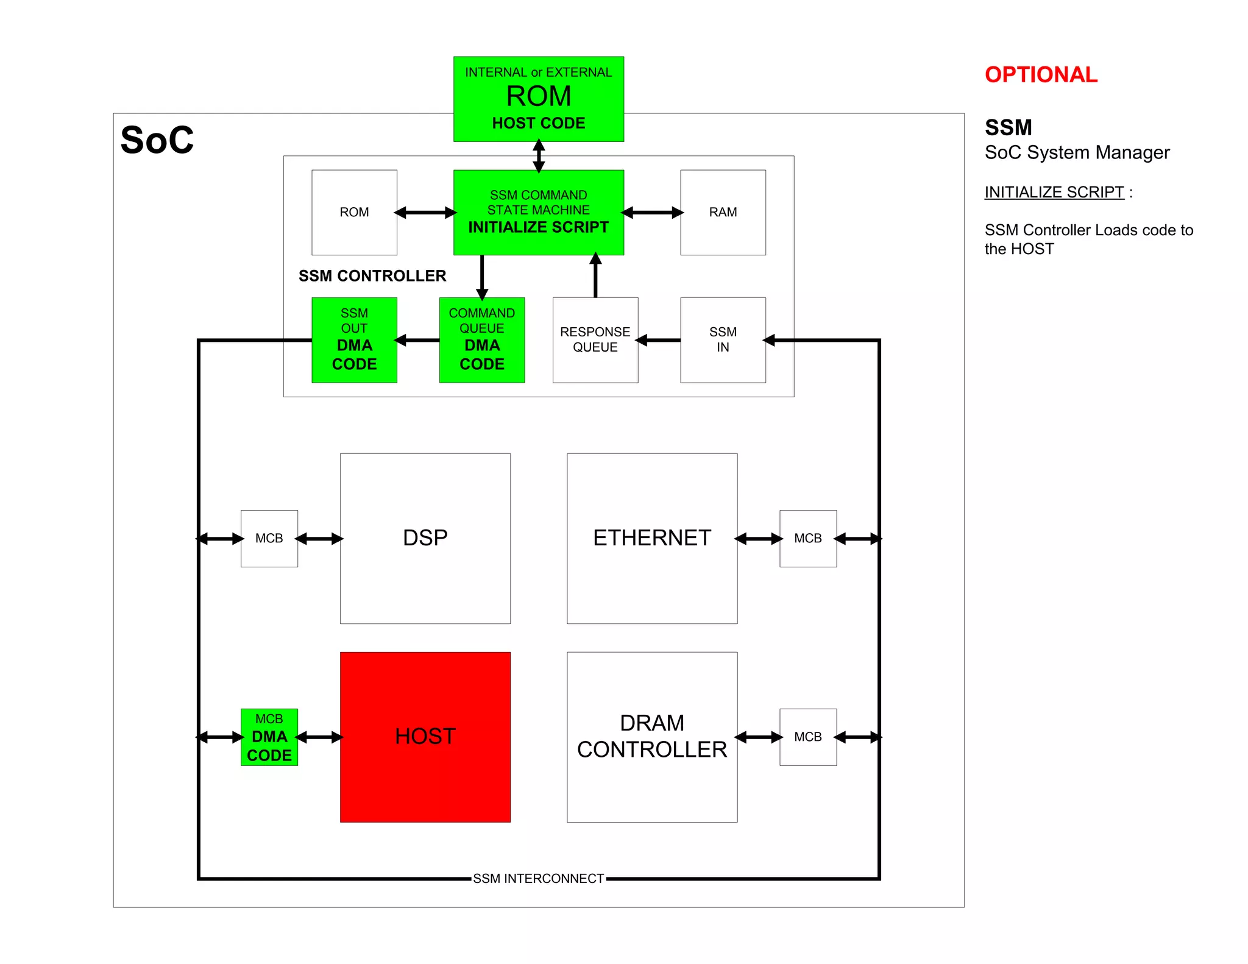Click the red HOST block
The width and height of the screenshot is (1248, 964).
[425, 737]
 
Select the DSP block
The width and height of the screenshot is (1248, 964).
[425, 538]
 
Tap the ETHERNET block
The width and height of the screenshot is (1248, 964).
[651, 538]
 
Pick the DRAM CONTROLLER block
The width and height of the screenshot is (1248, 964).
[651, 737]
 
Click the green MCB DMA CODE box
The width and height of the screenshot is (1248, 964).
[269, 737]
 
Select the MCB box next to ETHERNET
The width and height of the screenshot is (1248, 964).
[807, 538]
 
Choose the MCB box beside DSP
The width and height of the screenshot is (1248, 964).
[269, 538]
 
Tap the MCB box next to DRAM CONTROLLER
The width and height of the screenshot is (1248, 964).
[807, 737]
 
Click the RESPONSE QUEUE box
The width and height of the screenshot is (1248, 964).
[595, 339]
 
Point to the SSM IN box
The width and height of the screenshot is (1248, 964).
[723, 339]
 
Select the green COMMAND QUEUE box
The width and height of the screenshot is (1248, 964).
[481, 339]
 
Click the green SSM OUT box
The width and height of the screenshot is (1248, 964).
[354, 339]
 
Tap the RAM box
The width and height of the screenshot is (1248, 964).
[723, 212]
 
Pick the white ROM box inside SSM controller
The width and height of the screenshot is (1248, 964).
[354, 212]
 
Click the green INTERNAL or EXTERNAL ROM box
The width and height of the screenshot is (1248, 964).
[538, 99]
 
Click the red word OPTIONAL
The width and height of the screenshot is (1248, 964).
[1041, 74]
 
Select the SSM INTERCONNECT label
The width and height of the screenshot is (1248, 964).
[538, 878]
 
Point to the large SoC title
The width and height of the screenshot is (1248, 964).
[157, 140]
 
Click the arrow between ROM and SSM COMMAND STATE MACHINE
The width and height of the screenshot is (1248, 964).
[425, 212]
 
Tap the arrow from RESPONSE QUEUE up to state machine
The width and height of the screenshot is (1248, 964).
[595, 275]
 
